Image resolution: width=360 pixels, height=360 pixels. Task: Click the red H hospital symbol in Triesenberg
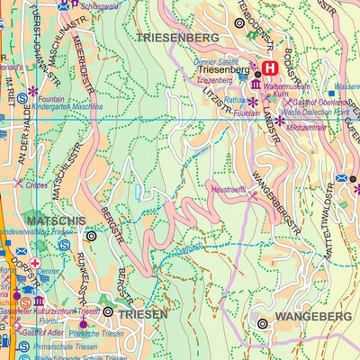tap(269, 67)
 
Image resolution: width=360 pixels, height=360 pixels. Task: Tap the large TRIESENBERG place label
tap(177, 38)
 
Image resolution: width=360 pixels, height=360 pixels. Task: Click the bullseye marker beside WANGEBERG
tap(263, 323)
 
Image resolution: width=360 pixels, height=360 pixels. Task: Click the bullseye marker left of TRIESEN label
tap(108, 312)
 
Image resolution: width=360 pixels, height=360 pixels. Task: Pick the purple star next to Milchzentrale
tap(279, 120)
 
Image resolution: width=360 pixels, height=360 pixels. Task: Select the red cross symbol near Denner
tap(35, 263)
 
